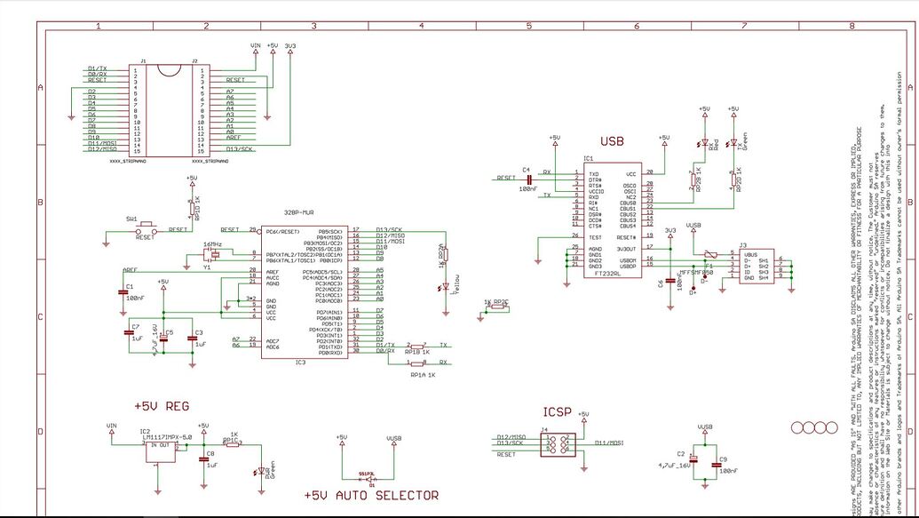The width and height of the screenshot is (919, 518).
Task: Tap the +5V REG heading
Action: [x=162, y=406]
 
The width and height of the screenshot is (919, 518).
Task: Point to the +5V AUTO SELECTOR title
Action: [x=371, y=495]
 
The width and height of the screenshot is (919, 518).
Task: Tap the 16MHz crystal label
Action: [x=212, y=243]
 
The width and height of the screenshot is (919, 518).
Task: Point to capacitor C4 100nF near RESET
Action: [x=528, y=180]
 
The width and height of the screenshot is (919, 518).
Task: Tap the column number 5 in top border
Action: [x=528, y=26]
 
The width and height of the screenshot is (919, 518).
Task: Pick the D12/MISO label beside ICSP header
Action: [x=511, y=437]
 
